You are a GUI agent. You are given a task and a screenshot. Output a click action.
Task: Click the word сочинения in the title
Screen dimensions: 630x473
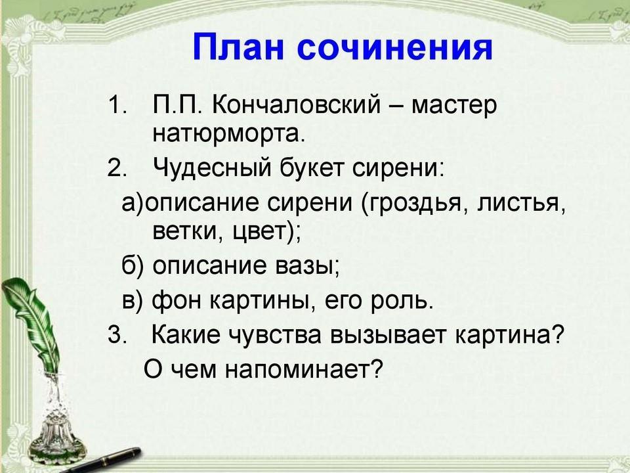(x=395, y=48)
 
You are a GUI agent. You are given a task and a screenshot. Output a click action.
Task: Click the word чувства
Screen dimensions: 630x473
(x=274, y=335)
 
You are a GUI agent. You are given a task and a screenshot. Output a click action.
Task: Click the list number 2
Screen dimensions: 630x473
(x=117, y=168)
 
